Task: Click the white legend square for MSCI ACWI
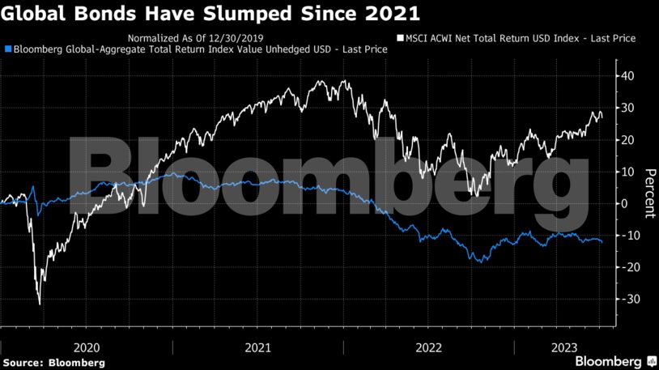click(399, 38)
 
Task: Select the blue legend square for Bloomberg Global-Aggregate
click(7, 49)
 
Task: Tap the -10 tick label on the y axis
click(626, 235)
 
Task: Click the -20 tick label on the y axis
click(626, 267)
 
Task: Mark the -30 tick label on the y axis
click(626, 299)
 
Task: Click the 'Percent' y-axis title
click(648, 194)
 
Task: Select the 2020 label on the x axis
click(87, 347)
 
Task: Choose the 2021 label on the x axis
click(257, 347)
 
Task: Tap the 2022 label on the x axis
click(428, 347)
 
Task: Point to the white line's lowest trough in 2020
click(40, 304)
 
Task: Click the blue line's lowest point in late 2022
click(480, 262)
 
